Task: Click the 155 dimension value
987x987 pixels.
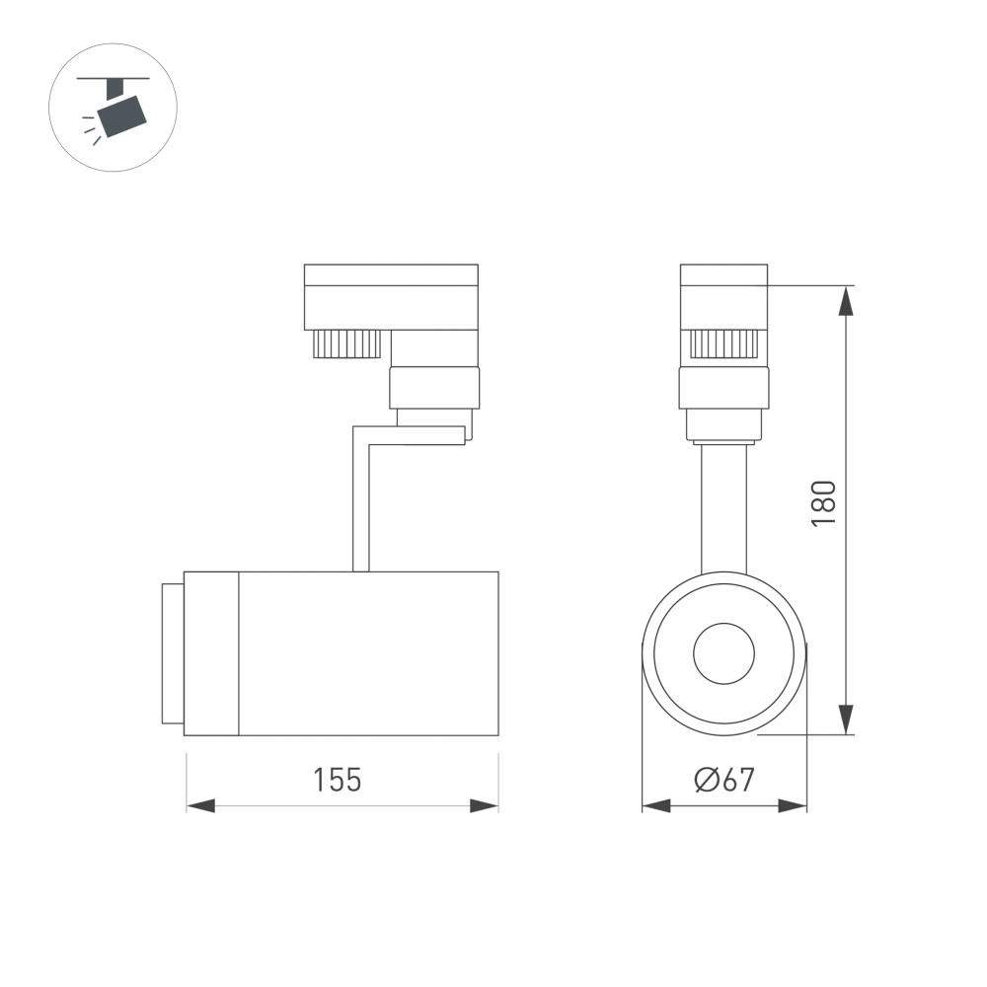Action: pos(338,780)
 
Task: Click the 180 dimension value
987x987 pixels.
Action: pos(823,502)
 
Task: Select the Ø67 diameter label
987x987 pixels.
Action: pos(724,780)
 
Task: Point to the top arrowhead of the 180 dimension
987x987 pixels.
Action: pos(846,300)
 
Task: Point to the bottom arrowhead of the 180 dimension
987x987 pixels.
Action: pos(846,721)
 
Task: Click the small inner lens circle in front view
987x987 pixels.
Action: pos(723,653)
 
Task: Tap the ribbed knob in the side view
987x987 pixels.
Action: pos(346,343)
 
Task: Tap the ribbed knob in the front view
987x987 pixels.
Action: pos(723,343)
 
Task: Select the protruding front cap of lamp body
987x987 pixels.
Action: pos(172,653)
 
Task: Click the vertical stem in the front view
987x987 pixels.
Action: pos(723,508)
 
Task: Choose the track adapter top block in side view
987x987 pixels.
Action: pos(391,295)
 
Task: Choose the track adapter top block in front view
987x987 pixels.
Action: pos(723,295)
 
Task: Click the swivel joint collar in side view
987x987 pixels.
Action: pos(434,387)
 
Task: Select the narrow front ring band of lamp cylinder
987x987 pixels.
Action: pos(211,653)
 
